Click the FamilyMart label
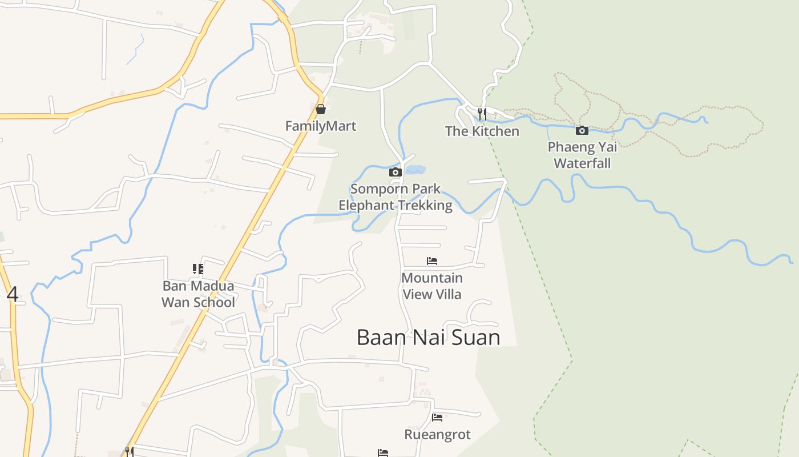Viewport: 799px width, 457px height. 321,126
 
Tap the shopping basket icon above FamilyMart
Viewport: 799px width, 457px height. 321,109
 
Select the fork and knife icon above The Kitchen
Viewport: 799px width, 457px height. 482,114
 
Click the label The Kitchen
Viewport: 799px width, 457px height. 482,131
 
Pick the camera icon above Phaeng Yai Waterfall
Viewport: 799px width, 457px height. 582,131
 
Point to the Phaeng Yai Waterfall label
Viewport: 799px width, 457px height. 582,155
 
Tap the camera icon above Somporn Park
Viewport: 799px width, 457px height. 395,172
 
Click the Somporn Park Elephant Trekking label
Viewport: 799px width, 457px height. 396,197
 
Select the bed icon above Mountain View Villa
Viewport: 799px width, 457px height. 432,261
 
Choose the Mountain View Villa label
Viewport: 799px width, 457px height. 432,286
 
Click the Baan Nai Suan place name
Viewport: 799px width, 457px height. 428,338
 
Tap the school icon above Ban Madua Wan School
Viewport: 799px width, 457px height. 198,268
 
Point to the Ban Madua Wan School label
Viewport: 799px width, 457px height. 198,294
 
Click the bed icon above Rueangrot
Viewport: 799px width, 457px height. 437,418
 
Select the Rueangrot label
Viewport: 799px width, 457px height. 437,435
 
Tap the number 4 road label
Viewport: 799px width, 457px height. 13,295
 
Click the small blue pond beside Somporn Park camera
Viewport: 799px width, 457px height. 416,170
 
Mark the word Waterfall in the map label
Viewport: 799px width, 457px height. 582,163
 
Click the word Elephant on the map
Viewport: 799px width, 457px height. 366,206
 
